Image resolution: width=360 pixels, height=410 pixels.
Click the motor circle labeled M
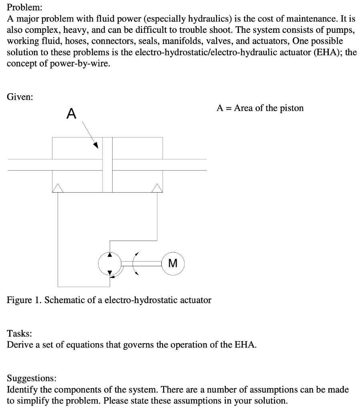pyautogui.click(x=173, y=263)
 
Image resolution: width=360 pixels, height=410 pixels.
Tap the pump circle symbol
pyautogui.click(x=110, y=263)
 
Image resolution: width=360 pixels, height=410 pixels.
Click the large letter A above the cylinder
pyautogui.click(x=71, y=114)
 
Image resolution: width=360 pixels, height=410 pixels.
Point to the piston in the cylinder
pyautogui.click(x=107, y=165)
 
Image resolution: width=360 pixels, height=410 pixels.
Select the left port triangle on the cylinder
pyautogui.click(x=58, y=188)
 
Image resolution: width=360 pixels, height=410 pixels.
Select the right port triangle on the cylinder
pyautogui.click(x=157, y=188)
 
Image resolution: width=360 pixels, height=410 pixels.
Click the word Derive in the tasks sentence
pyautogui.click(x=19, y=344)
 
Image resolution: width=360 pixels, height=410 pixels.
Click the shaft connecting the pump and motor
pyautogui.click(x=141, y=263)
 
